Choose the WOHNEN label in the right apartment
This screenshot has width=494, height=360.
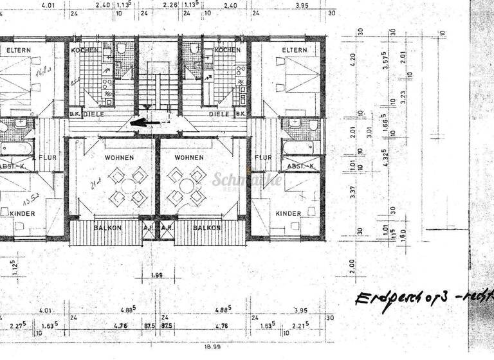[188, 157]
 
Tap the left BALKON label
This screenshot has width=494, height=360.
[107, 228]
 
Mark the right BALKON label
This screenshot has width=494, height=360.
[206, 228]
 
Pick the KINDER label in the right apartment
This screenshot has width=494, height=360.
[288, 213]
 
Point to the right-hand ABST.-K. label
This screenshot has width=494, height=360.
[300, 166]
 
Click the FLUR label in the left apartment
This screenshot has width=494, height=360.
[48, 157]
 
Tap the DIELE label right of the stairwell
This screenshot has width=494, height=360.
[219, 114]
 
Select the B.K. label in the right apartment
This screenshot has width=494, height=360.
[241, 114]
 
